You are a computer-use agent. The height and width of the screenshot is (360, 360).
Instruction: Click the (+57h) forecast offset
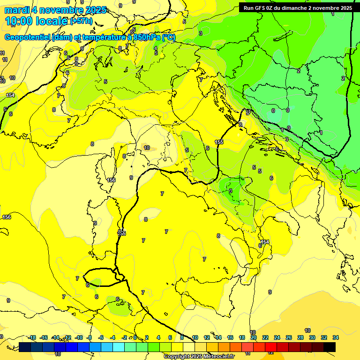coord(81,22)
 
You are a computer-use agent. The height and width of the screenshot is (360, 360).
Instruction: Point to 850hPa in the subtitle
coord(146,37)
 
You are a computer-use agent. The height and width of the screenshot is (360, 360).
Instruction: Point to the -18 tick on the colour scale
coord(32,337)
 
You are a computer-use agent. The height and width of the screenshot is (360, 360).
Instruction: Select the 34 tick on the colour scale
coord(336,337)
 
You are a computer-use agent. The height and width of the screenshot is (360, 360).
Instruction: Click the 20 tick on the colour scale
coord(254,337)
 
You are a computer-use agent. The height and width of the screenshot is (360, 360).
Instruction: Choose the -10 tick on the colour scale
coord(79,337)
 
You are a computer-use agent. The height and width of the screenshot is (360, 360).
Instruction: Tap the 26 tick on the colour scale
coord(289,337)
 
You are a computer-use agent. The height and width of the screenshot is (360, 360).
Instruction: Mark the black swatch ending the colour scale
coord(330,347)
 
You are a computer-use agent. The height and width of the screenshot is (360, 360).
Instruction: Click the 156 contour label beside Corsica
coord(111,180)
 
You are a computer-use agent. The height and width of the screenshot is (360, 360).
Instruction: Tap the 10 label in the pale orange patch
coord(147,148)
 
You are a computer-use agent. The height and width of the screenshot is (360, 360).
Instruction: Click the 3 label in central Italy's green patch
coord(231,191)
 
